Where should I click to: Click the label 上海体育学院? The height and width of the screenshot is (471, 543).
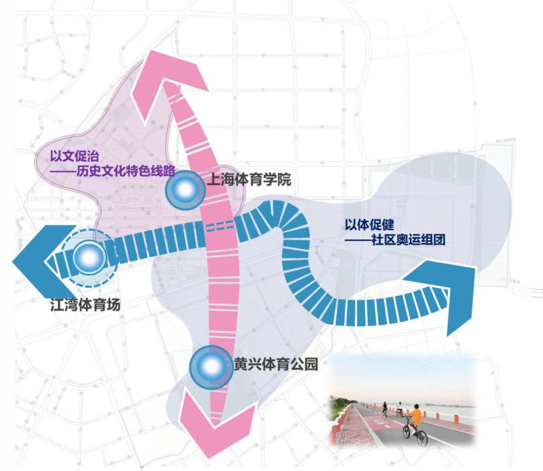[249, 180]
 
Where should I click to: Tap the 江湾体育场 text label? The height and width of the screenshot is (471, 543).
[85, 305]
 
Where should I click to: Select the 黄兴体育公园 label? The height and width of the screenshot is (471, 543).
[276, 364]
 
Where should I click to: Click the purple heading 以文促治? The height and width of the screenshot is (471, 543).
[75, 156]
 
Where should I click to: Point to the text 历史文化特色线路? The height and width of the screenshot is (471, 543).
[125, 171]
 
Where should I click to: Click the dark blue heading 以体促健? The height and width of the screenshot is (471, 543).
[369, 225]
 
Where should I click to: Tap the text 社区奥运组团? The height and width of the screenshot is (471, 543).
[408, 240]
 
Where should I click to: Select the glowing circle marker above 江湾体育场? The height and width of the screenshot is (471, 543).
[89, 257]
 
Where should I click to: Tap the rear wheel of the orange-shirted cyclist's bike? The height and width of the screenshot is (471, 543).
[423, 437]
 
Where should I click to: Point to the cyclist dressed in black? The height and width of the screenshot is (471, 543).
[384, 409]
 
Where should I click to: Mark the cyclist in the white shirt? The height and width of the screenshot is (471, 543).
[400, 408]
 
